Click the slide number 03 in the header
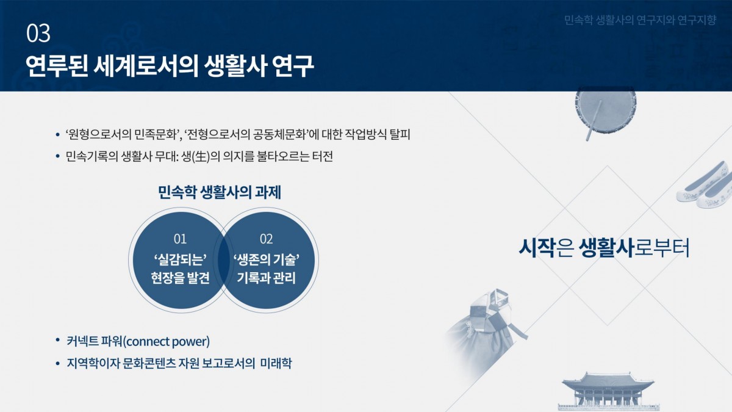coord(38,33)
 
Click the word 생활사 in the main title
coord(235,66)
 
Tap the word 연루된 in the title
coord(57,66)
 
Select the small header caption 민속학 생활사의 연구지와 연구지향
coord(640,20)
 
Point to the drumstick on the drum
coord(594,121)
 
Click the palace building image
coord(608,391)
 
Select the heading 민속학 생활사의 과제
coord(219,192)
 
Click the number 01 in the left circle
coord(180,239)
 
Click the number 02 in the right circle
coord(267,239)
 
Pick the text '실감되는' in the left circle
coord(180,260)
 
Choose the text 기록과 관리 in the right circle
coord(267,278)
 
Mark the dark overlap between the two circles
coord(223,260)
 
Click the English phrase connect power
coord(168,341)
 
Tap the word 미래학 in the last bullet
coord(276,363)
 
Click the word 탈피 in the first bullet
coord(400,134)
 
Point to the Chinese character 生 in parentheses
coord(203,156)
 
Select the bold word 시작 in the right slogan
coord(536,248)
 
